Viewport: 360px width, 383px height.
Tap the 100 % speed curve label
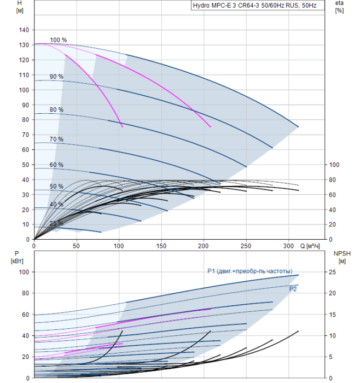pos(58,40)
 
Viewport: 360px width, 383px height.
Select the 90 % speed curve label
pos(56,77)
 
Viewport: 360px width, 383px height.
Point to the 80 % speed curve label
pos(56,109)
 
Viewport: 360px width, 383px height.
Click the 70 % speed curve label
pos(56,140)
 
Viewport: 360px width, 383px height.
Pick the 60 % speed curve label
pos(56,165)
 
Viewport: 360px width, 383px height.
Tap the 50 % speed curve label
pos(56,187)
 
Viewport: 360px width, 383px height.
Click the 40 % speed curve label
pos(56,204)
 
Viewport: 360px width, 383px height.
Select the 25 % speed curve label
pos(56,223)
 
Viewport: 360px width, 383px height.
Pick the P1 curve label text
pos(249,271)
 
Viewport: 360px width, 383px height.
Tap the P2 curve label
pos(293,289)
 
